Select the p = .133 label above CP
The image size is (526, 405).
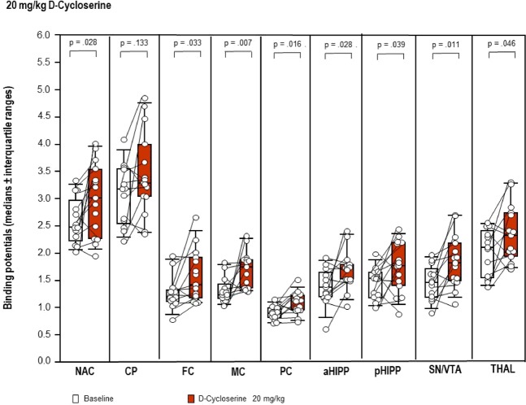[133, 41]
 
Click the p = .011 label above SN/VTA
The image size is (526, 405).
[439, 41]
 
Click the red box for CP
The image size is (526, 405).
[145, 170]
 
